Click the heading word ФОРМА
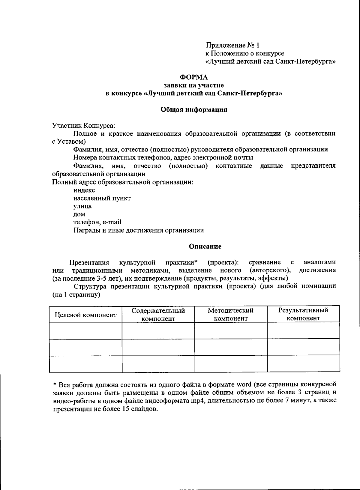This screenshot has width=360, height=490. [x=195, y=77]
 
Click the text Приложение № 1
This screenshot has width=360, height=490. [x=232, y=45]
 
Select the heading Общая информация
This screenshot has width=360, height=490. [x=194, y=109]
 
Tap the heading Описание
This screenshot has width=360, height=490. [x=205, y=246]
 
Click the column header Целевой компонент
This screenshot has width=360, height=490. [x=85, y=315]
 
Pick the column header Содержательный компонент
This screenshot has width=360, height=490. [x=158, y=314]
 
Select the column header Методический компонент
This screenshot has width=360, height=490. [x=231, y=314]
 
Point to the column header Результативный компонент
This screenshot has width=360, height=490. [x=303, y=314]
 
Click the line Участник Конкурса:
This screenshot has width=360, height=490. [x=84, y=125]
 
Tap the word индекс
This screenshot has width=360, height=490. [x=84, y=190]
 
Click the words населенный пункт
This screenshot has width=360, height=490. [x=102, y=198]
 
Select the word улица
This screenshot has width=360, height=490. [x=82, y=206]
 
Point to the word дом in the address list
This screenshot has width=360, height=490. [x=79, y=214]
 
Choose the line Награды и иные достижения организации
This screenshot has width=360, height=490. [x=139, y=230]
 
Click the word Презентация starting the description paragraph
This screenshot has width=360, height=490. [x=89, y=263]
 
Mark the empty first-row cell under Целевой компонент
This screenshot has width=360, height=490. [x=85, y=331]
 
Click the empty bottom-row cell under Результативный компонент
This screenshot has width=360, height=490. [x=303, y=364]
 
